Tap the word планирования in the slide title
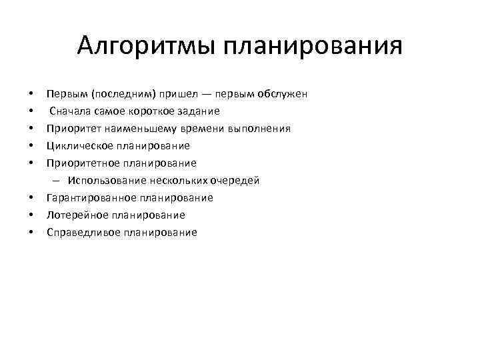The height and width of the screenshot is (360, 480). click(313, 46)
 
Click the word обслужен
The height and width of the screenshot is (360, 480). click(283, 93)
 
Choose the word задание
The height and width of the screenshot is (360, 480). click(199, 111)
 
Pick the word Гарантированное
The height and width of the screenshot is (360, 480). click(90, 198)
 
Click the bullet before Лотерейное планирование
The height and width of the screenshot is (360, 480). click(31, 215)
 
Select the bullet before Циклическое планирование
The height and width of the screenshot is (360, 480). click(31, 145)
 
